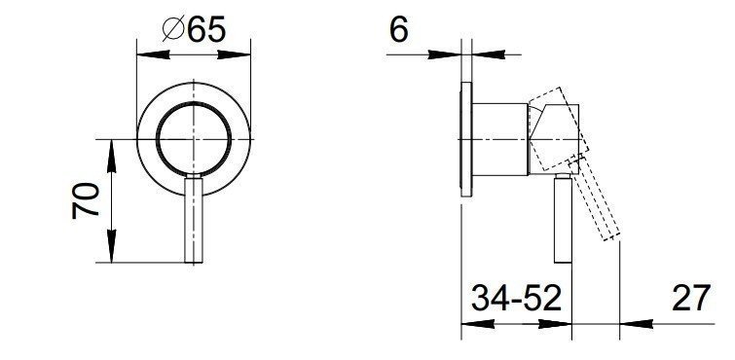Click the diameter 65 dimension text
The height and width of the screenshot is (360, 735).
tap(194, 29)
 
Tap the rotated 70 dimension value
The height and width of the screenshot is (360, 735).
tap(86, 201)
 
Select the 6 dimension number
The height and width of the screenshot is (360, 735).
tap(399, 29)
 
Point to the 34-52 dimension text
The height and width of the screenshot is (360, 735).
tap(516, 298)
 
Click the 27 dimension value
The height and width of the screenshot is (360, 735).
tap(691, 298)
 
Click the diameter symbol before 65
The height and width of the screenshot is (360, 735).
tap(172, 29)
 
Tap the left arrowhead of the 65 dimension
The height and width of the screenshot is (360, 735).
tap(153, 54)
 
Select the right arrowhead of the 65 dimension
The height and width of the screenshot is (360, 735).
tap(234, 54)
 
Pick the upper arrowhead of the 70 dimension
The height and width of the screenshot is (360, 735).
tap(111, 156)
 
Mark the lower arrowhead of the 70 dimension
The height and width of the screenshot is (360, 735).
tap(111, 246)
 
